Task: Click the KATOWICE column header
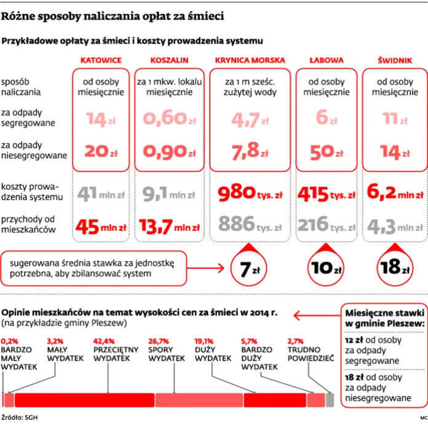tap(101, 60)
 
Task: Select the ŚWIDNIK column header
tap(395, 60)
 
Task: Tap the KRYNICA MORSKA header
tap(250, 60)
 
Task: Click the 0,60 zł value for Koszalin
tap(169, 119)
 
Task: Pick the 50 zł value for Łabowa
tap(327, 152)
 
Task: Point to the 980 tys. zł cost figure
tap(250, 193)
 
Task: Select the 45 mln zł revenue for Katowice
tap(101, 227)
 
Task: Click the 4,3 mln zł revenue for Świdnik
tap(395, 227)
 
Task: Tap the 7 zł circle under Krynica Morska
tap(248, 268)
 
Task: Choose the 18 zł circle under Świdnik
tap(395, 268)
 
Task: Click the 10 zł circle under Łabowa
tap(326, 268)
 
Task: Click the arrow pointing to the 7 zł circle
tap(205, 268)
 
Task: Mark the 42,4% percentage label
tap(104, 341)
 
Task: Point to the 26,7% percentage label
tap(159, 341)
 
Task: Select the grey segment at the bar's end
tap(330, 400)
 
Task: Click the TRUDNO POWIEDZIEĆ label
tap(311, 354)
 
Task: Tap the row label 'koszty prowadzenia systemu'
tap(32, 192)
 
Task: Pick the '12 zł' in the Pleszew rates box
tap(354, 340)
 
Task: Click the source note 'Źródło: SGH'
tap(20, 418)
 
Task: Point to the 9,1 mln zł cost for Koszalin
tap(169, 193)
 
